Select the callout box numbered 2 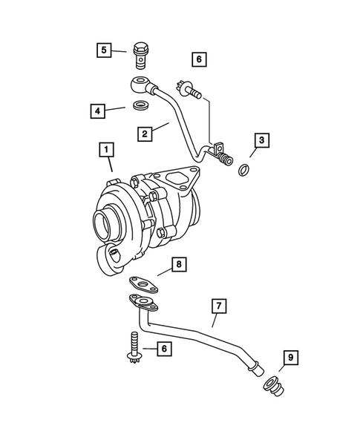pyautogui.click(x=145, y=134)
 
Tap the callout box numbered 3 pyautogui.click(x=262, y=139)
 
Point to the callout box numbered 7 pyautogui.click(x=217, y=304)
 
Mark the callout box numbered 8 pyautogui.click(x=177, y=263)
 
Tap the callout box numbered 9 pyautogui.click(x=289, y=359)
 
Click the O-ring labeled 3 pyautogui.click(x=243, y=172)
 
